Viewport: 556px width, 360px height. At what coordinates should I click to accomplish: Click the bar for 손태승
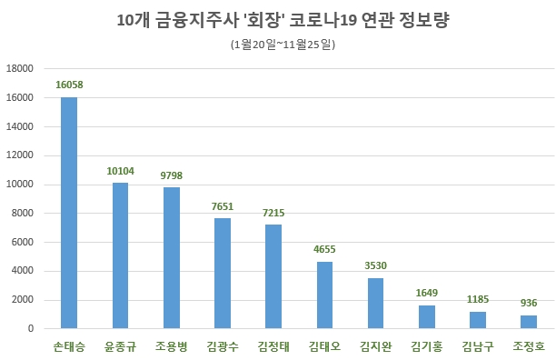pyautogui.click(x=69, y=213)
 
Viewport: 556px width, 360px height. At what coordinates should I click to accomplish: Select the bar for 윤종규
pyautogui.click(x=120, y=255)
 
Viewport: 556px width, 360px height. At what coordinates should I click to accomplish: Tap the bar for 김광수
pyautogui.click(x=223, y=273)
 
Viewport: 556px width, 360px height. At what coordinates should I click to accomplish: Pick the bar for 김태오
pyautogui.click(x=324, y=295)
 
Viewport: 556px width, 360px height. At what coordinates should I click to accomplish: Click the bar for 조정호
pyautogui.click(x=529, y=322)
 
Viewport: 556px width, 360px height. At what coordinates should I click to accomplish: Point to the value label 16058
pyautogui.click(x=69, y=85)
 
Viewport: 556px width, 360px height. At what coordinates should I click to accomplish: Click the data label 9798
pyautogui.click(x=171, y=174)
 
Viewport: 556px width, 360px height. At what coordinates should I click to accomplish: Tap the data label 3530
pyautogui.click(x=375, y=265)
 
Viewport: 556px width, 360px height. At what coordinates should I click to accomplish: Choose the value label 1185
pyautogui.click(x=478, y=298)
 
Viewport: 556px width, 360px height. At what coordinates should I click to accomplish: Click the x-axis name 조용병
pyautogui.click(x=171, y=346)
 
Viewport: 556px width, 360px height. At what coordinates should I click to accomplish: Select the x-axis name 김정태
pyautogui.click(x=273, y=346)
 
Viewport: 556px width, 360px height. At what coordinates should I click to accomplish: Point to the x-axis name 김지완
pyautogui.click(x=375, y=346)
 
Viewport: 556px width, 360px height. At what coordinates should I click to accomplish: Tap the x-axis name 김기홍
pyautogui.click(x=427, y=346)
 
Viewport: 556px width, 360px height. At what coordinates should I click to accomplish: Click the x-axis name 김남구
pyautogui.click(x=478, y=346)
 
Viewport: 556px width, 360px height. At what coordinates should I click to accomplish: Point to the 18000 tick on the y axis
pyautogui.click(x=19, y=69)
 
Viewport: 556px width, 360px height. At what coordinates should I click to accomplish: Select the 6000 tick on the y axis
pyautogui.click(x=22, y=242)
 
